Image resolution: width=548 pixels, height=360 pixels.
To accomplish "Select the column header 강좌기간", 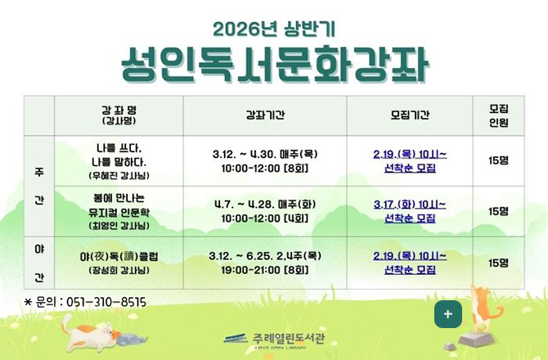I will [x=264, y=115].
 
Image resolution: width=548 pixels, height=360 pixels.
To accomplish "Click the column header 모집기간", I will [x=410, y=115].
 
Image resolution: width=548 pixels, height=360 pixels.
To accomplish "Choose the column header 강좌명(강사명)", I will [x=119, y=115].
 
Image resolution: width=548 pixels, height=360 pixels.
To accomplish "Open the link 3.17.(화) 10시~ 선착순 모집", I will [x=410, y=210].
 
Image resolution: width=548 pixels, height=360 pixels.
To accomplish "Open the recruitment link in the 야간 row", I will [x=410, y=262].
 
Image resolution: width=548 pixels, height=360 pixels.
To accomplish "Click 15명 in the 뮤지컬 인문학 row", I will [x=498, y=210].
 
